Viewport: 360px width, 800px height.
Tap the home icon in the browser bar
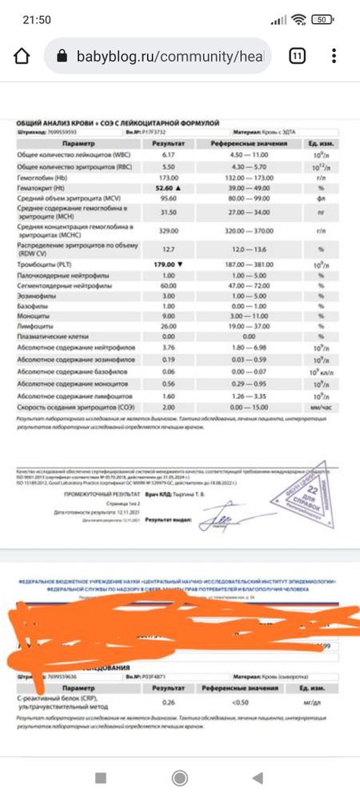(22, 57)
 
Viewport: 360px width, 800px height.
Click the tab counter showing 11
(297, 57)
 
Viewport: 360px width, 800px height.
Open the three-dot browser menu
(334, 57)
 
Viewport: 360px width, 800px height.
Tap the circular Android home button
(181, 778)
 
